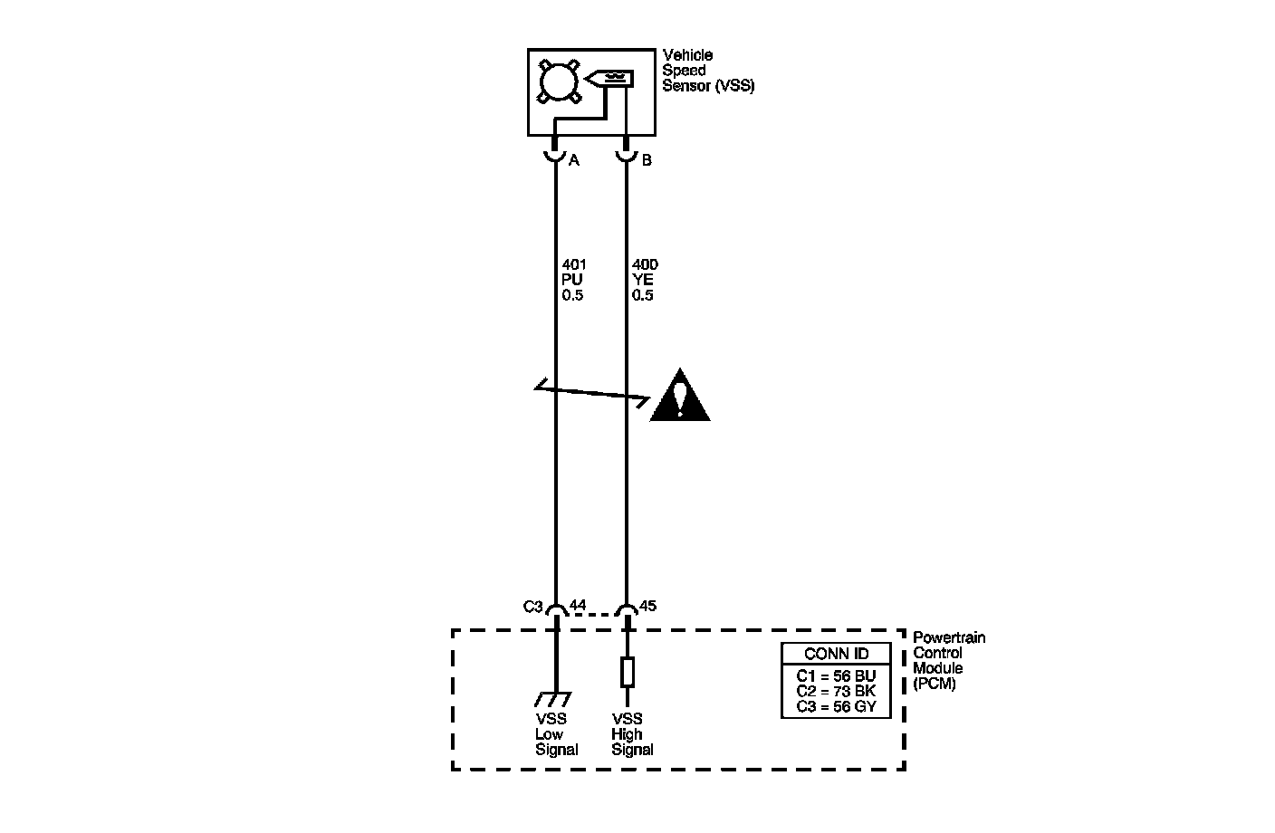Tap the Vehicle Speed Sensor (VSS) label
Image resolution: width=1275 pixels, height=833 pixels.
click(x=707, y=71)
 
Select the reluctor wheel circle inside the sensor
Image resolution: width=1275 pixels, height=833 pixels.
click(x=558, y=81)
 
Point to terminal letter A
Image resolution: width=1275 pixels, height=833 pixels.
click(x=573, y=161)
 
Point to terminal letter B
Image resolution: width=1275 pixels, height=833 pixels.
click(x=647, y=161)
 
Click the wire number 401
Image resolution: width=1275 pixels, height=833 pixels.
click(x=574, y=265)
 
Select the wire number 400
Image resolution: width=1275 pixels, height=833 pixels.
click(x=645, y=265)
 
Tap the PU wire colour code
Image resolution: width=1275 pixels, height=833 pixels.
click(x=571, y=280)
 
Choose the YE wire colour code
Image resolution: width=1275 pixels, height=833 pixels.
click(x=642, y=280)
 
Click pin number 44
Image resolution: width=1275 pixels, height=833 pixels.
click(x=578, y=605)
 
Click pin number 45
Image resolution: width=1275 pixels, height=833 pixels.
click(x=647, y=605)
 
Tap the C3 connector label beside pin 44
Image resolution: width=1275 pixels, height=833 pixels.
click(x=533, y=607)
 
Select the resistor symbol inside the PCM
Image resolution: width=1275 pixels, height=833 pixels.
click(x=627, y=672)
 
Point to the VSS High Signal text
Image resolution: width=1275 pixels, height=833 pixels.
click(x=631, y=734)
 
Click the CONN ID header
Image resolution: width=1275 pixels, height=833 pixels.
click(x=835, y=654)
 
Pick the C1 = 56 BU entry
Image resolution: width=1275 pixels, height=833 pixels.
click(x=836, y=675)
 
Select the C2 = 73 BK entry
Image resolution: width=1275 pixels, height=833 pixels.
click(x=836, y=691)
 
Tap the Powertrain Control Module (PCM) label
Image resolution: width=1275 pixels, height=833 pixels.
click(x=948, y=661)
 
